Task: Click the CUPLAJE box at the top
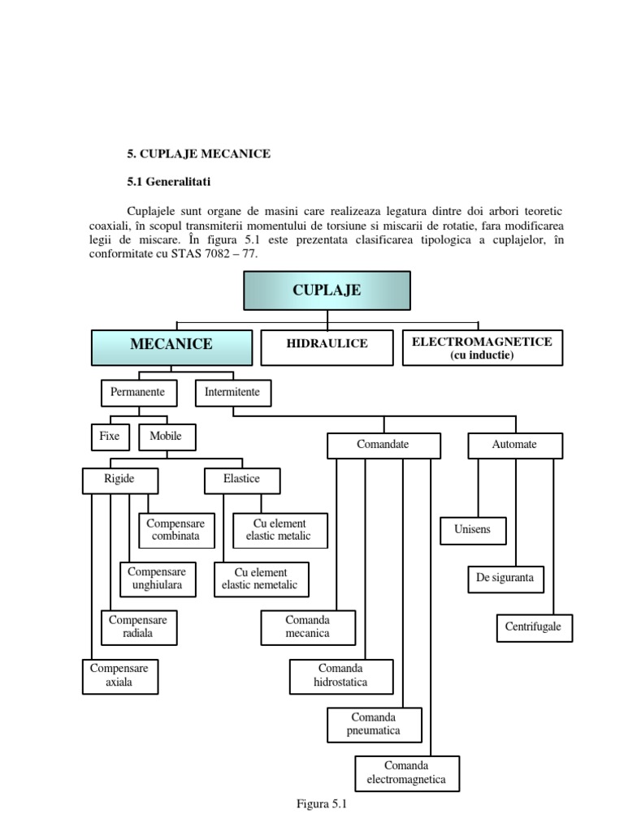[x=327, y=291]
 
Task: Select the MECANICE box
[x=171, y=345]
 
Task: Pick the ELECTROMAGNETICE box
[x=482, y=347]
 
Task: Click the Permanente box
[x=137, y=393]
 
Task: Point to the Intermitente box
[x=232, y=393]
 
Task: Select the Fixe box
[x=109, y=437]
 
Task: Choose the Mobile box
[x=166, y=437]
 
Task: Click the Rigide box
[x=119, y=480]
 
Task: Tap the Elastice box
[x=241, y=480]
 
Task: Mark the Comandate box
[x=383, y=445]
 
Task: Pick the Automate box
[x=514, y=445]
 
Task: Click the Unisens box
[x=473, y=531]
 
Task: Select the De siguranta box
[x=505, y=579]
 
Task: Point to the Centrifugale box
[x=534, y=627]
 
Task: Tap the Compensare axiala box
[x=119, y=676]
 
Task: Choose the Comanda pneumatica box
[x=375, y=725]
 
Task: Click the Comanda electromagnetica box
[x=406, y=773]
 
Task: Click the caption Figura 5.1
[x=322, y=804]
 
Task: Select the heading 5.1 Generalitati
[x=168, y=182]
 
